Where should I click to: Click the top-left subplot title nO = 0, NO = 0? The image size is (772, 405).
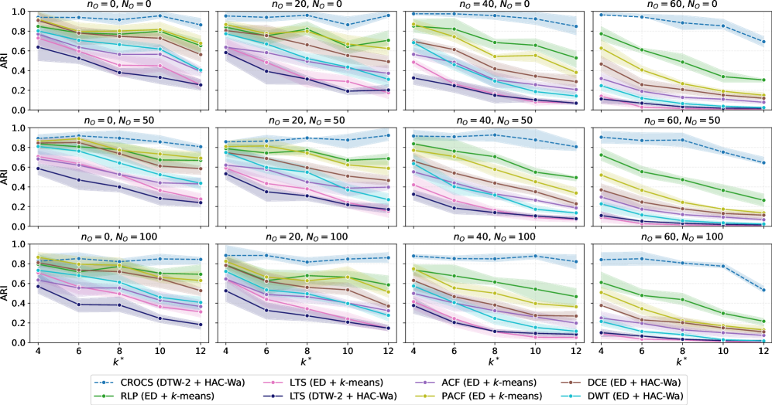[114, 6]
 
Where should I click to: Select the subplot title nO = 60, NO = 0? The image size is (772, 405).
[681, 6]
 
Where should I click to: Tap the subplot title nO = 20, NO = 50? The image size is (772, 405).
[304, 121]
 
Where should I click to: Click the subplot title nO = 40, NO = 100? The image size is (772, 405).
[492, 234]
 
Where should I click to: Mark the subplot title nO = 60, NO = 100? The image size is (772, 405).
[681, 234]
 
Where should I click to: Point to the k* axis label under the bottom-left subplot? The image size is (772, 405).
[114, 360]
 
